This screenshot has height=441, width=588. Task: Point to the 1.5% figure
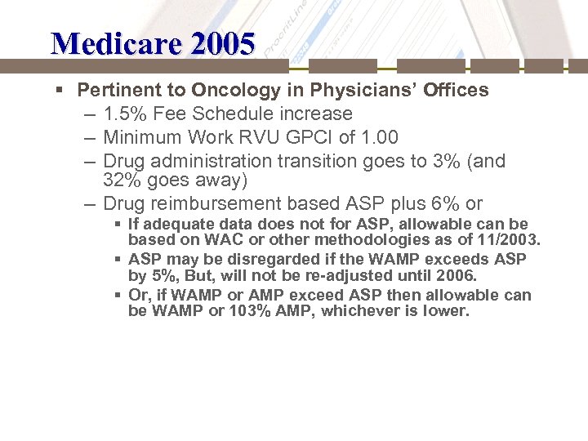125,114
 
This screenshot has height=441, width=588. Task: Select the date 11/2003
506,240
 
